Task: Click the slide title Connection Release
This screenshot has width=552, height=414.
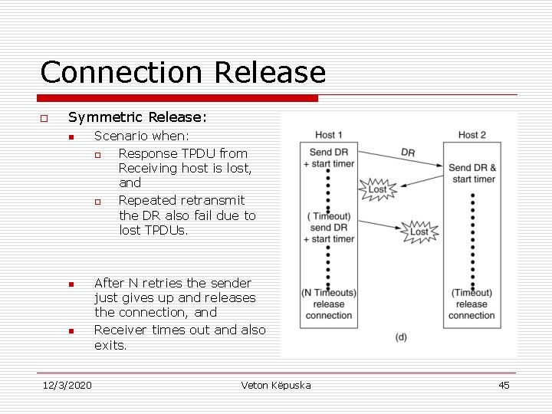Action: coord(182,73)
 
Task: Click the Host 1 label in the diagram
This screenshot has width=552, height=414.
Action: coord(329,136)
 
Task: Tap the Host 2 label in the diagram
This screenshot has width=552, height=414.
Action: coord(472,136)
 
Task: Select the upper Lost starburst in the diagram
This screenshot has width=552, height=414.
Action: coord(378,189)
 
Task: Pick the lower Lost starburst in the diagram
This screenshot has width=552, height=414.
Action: coord(419,231)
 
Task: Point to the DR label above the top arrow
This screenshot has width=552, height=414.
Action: coord(408,153)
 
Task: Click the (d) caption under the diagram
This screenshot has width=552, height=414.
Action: coord(401,337)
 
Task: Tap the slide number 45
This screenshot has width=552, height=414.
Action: coord(504,385)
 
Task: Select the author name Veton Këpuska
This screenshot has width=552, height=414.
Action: coord(276,385)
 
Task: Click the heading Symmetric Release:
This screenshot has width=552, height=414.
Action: coord(137,117)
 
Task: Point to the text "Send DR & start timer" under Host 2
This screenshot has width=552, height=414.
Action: coord(472,173)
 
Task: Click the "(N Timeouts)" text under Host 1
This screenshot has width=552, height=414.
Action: coord(328,292)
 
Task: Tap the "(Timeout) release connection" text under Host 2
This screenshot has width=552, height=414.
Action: coord(472,304)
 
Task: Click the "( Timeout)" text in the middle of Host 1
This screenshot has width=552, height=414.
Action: coord(328,216)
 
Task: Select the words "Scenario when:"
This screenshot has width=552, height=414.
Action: coord(142,136)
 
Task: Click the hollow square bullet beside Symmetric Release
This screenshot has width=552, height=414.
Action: coord(44,118)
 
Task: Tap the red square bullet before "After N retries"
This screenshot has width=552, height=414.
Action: coord(71,284)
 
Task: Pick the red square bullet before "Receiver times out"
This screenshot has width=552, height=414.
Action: coord(71,331)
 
